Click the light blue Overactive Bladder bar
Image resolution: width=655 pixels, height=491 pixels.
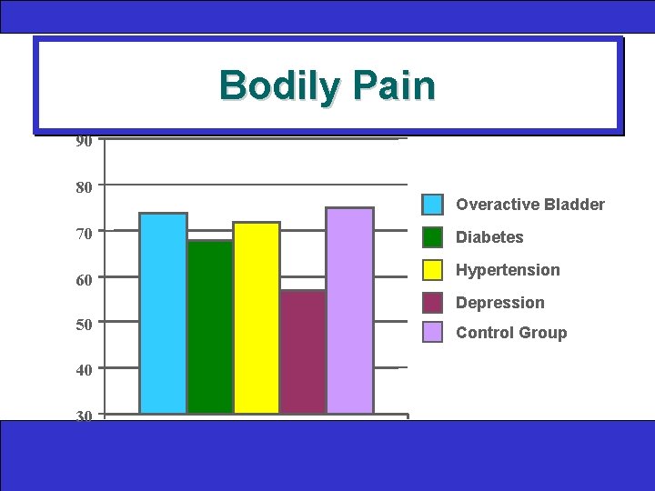click(x=163, y=314)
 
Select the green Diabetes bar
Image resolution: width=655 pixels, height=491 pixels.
click(x=210, y=327)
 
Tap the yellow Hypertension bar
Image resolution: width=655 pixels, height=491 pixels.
click(x=257, y=318)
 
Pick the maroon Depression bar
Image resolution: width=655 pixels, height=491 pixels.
click(x=303, y=352)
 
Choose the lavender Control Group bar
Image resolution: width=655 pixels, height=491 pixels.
click(x=349, y=311)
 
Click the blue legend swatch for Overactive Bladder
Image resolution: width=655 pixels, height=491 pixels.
click(x=433, y=205)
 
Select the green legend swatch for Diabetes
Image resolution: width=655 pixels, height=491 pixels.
click(x=433, y=237)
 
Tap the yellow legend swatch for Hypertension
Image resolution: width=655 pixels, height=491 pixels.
click(x=433, y=270)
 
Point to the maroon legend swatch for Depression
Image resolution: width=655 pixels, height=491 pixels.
click(x=433, y=303)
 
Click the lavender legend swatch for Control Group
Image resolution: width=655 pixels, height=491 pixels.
click(x=433, y=333)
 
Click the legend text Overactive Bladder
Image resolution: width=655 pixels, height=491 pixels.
click(x=530, y=205)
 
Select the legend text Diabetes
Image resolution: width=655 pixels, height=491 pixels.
click(x=489, y=237)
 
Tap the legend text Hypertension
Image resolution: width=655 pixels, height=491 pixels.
click(x=508, y=270)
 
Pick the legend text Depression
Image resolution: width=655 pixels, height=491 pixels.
click(x=500, y=303)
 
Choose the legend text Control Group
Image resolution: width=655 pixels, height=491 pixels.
click(x=511, y=333)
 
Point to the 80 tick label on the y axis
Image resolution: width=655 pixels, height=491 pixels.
click(x=84, y=188)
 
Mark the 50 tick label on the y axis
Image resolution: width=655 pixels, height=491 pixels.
click(x=84, y=326)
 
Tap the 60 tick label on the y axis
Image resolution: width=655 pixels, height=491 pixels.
click(x=84, y=280)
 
